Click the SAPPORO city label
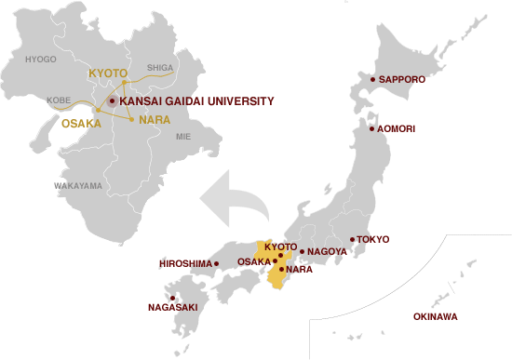[x=401, y=80]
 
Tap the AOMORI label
[x=397, y=128]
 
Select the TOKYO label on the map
[x=372, y=240]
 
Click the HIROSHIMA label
[x=186, y=264]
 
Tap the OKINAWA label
[x=435, y=317]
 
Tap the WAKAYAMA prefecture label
[x=78, y=186]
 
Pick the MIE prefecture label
[x=182, y=136]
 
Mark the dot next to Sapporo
[x=371, y=80]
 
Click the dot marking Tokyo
[x=352, y=240]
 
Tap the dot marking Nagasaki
[x=172, y=298]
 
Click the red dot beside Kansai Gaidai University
[x=112, y=100]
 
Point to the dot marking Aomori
[x=371, y=128]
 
